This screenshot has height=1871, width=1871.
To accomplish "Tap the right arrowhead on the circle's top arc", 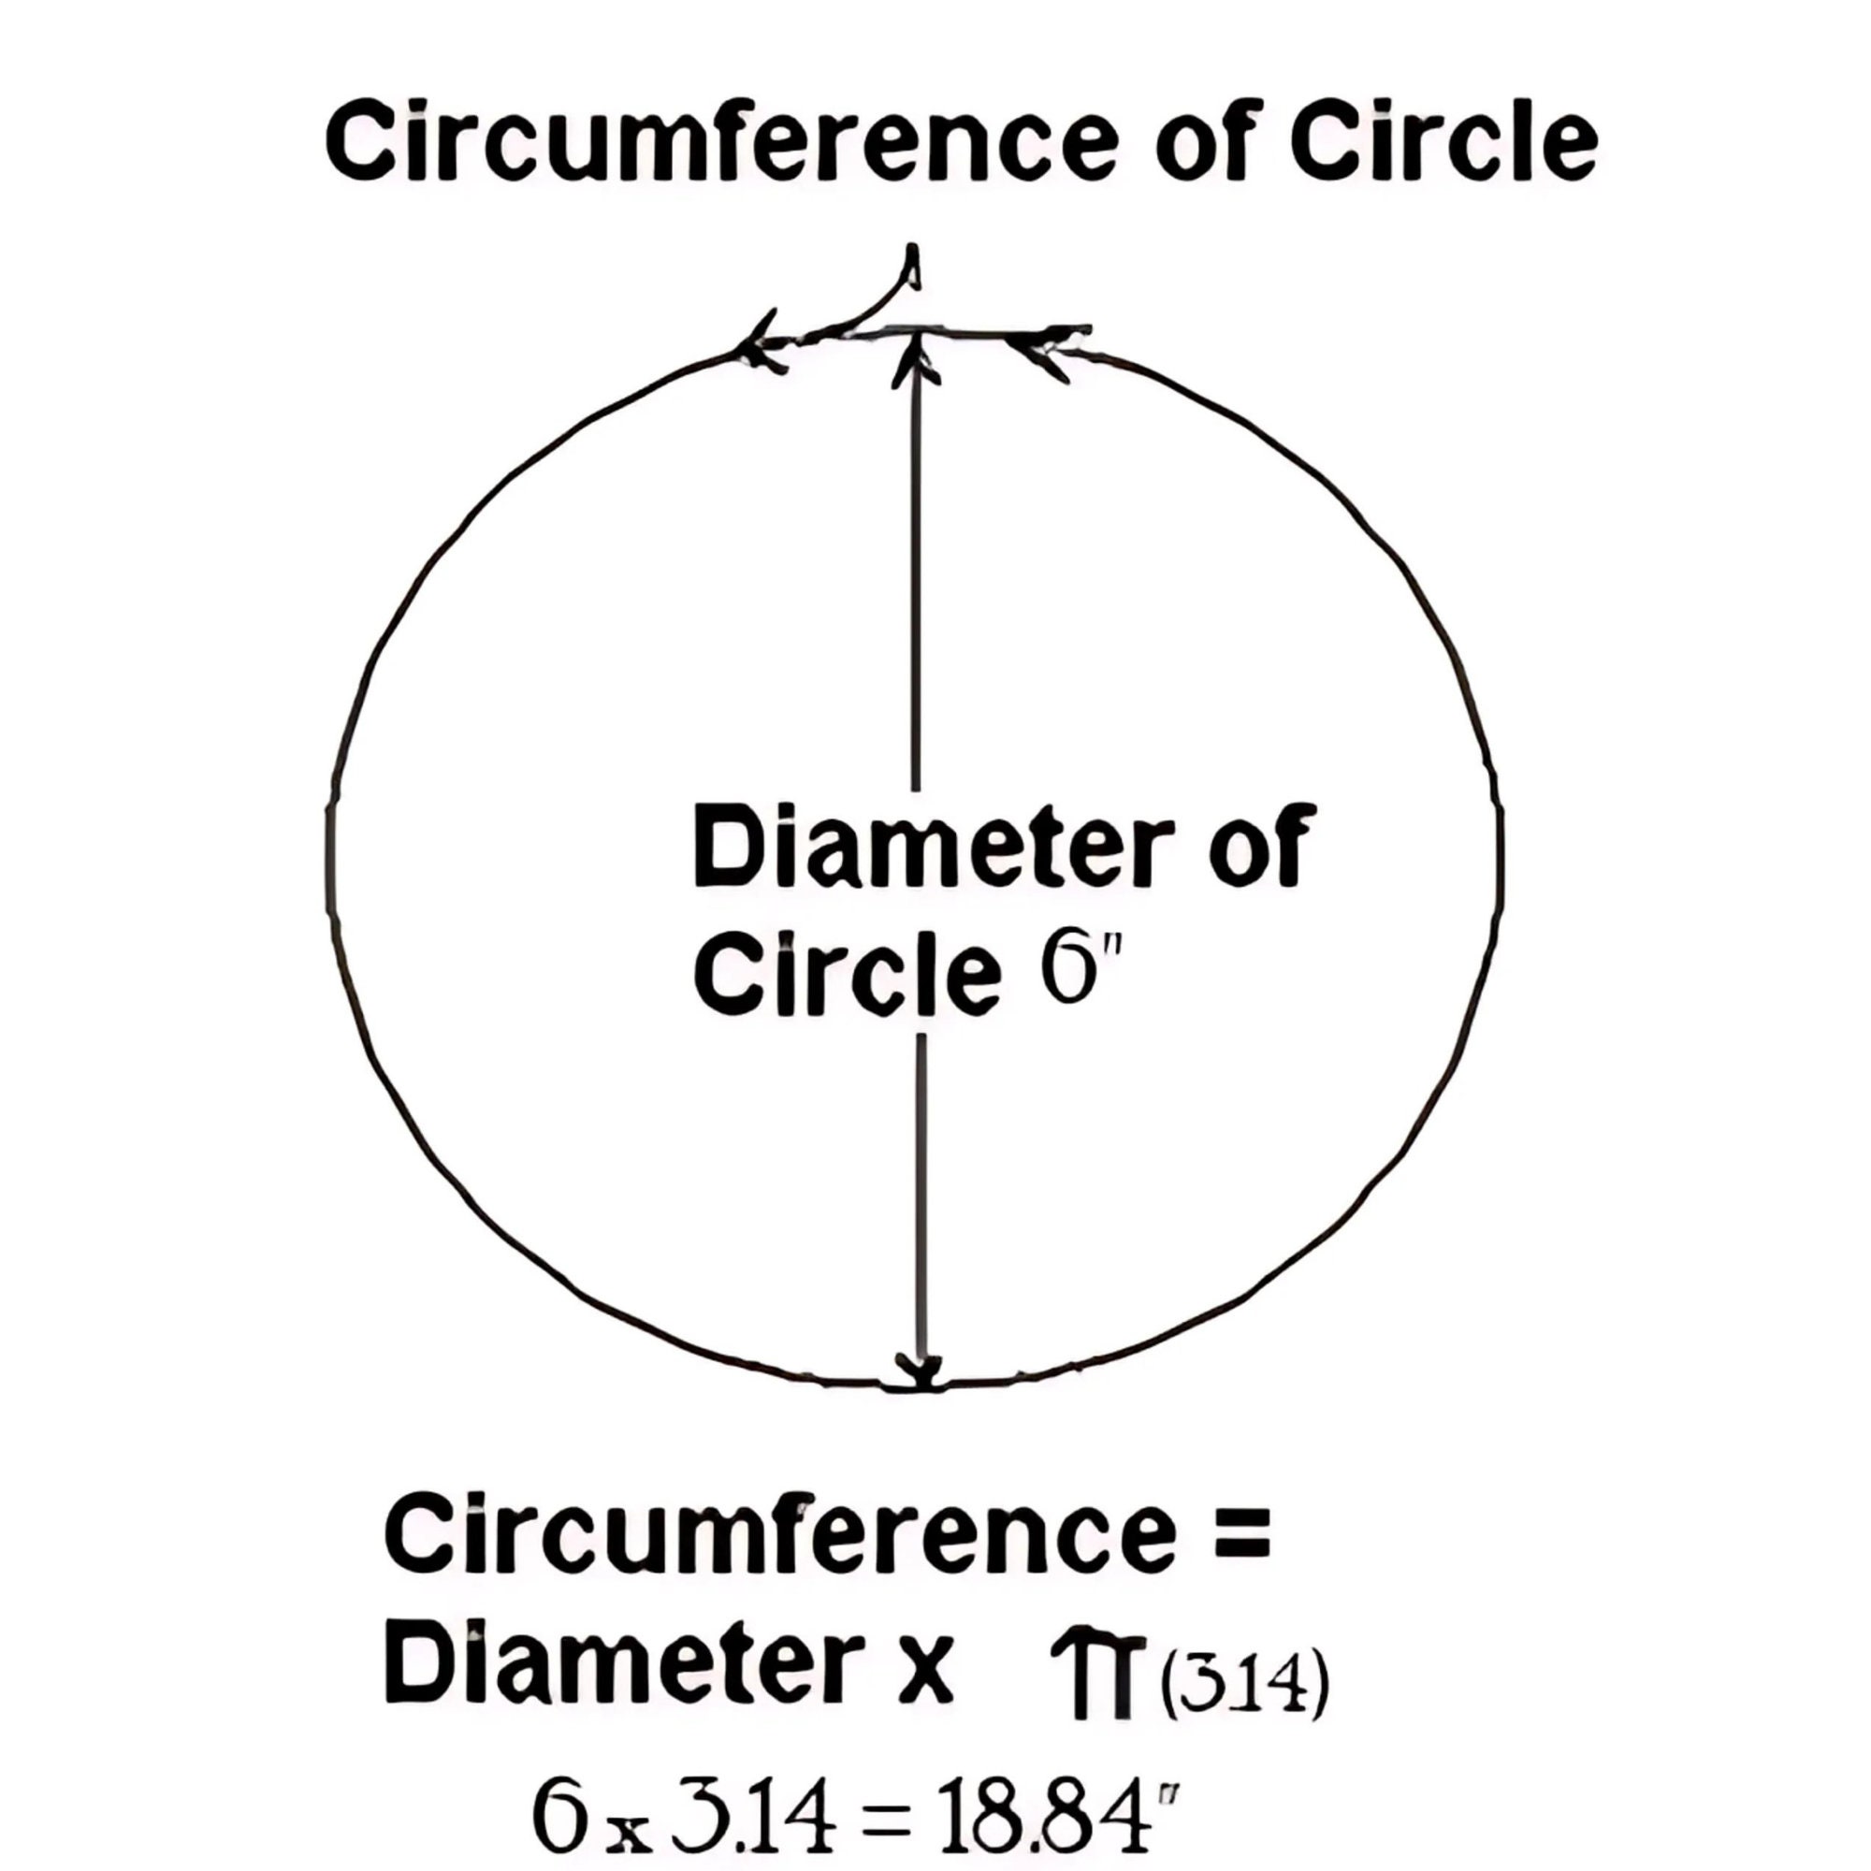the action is pos(1051,355).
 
